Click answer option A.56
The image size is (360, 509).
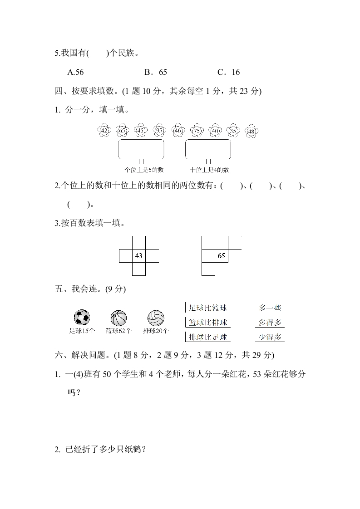coord(75,72)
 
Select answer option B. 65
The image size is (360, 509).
coord(156,72)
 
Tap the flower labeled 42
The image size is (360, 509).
coord(104,131)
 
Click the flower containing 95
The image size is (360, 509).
coord(159,131)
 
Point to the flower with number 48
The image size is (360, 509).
coord(252,131)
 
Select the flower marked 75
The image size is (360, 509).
coord(197,131)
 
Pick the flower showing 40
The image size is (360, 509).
coord(215,131)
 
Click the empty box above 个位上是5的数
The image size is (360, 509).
coord(141,149)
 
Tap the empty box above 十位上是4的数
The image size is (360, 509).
coord(208,149)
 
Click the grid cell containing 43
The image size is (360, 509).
coord(139,256)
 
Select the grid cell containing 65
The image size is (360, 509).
coord(222,256)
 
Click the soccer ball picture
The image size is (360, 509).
coord(82,318)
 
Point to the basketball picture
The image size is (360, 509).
coord(118,318)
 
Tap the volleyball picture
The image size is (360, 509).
coord(156,318)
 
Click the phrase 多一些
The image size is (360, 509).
coord(270,308)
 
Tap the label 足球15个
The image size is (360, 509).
coord(82,331)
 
